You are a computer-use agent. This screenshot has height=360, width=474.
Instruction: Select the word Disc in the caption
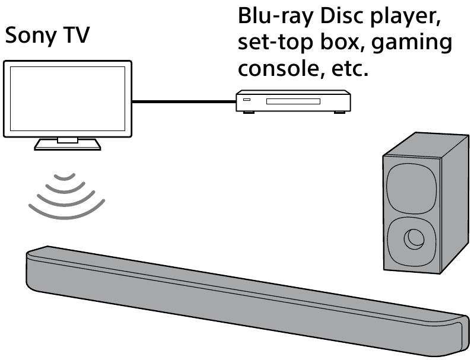point(343,16)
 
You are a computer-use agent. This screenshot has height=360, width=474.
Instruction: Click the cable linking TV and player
point(183,102)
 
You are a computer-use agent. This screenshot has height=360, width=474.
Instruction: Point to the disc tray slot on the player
point(293,102)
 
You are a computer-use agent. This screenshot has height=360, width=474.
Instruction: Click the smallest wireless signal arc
point(65,176)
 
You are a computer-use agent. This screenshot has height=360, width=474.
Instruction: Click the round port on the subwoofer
point(413,239)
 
